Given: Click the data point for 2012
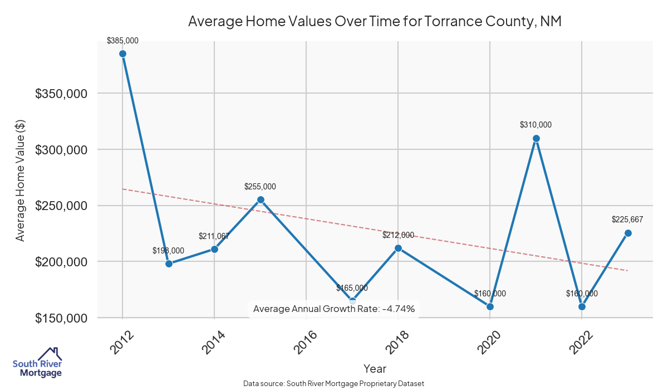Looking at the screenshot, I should [x=122, y=54].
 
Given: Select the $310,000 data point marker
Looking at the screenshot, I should [x=536, y=138].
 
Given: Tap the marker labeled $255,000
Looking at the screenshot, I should [x=261, y=199].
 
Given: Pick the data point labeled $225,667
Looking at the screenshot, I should [x=627, y=233].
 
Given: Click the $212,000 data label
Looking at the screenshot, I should [x=398, y=235].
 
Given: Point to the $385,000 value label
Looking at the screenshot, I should [x=122, y=41].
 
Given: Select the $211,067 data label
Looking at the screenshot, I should [x=214, y=236].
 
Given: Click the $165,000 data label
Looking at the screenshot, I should [x=352, y=288].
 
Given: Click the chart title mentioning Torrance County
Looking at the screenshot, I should [x=374, y=22].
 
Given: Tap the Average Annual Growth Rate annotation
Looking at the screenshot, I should [x=334, y=309].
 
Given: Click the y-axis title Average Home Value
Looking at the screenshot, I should [x=21, y=180].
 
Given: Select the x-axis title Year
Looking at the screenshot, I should [x=375, y=368].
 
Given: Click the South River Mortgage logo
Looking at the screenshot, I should [x=38, y=363].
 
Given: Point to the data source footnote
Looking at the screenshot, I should [x=334, y=384].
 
